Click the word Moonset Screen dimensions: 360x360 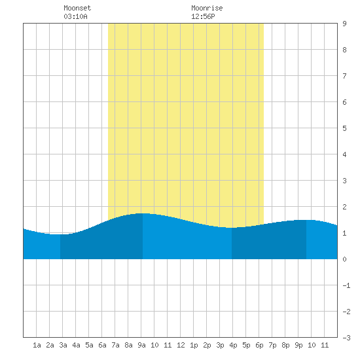tap(77, 8)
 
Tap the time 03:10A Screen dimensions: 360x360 tap(75, 16)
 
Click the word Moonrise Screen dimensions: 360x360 tap(207, 8)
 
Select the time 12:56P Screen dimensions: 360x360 tap(203, 16)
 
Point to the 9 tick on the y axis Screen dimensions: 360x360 tap(344, 24)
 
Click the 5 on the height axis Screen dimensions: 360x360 tap(344, 128)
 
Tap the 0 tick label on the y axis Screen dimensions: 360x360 tap(344, 259)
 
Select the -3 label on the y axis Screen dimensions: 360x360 tap(346, 338)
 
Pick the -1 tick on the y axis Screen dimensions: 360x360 tap(346, 285)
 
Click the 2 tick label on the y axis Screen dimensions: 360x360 tap(344, 207)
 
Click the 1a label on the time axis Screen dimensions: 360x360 tap(37, 345)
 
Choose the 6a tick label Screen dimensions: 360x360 tap(102, 345)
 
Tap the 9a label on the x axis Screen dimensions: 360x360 tap(141, 345)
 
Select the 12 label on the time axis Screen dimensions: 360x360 tap(181, 345)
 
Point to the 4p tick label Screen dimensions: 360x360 tap(233, 345)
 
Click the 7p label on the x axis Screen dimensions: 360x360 tap(272, 345)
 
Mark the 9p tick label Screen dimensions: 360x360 tap(298, 345)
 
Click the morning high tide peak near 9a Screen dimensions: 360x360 tap(143, 213)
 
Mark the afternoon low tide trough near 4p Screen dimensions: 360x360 tap(232, 228)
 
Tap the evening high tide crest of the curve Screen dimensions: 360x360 tap(306, 220)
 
